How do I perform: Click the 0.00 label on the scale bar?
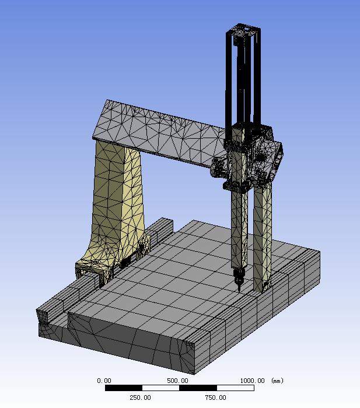(x=104, y=381)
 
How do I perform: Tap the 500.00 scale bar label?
(x=177, y=381)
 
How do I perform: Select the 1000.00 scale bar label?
(x=252, y=381)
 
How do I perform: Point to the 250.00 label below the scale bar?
(x=140, y=398)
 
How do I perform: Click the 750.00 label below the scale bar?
(x=215, y=398)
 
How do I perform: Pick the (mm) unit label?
(x=277, y=381)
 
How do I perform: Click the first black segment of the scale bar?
(x=124, y=388)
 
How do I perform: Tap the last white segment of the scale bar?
(x=236, y=388)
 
